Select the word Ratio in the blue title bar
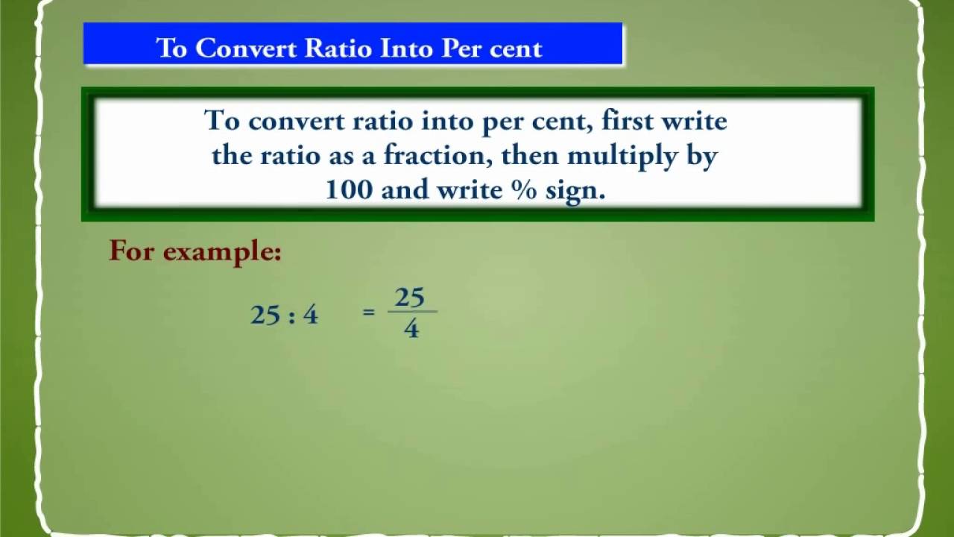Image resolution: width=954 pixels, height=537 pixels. [x=338, y=48]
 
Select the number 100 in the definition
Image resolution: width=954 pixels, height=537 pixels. [x=348, y=190]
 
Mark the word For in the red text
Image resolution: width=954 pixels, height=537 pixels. [x=131, y=251]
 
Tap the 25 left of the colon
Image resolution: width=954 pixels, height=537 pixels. [x=265, y=315]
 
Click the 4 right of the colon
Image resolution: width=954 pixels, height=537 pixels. [x=310, y=315]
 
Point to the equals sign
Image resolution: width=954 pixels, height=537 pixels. [x=368, y=313]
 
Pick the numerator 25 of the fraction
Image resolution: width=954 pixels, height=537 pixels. [x=409, y=298]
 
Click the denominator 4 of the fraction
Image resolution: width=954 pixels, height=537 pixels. [x=411, y=328]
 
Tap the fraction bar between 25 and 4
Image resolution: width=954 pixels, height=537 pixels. [x=412, y=312]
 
